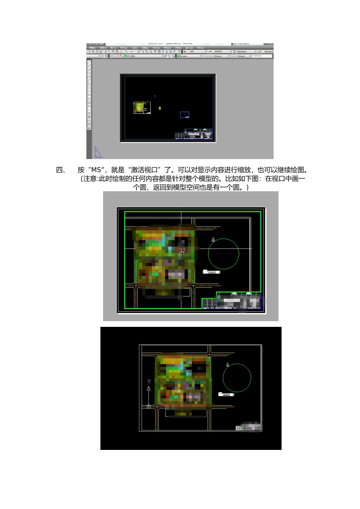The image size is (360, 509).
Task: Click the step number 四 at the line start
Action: [x=61, y=170]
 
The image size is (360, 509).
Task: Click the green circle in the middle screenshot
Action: [x=224, y=254]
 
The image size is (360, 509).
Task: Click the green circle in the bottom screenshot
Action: [x=237, y=378]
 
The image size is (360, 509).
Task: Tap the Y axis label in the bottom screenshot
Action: [x=149, y=381]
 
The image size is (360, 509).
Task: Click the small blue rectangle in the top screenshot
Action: [x=185, y=115]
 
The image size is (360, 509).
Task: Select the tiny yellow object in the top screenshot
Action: [x=160, y=108]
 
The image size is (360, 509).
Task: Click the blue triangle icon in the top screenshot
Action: [x=98, y=152]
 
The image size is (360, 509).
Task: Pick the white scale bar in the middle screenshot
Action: [x=211, y=272]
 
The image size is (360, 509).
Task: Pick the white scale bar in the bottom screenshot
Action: [x=226, y=395]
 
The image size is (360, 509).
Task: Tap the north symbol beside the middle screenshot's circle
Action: [x=213, y=240]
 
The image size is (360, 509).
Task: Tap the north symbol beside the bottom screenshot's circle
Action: [x=227, y=365]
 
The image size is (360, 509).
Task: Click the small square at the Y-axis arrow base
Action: [x=149, y=407]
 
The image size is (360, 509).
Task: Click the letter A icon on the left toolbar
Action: [x=89, y=128]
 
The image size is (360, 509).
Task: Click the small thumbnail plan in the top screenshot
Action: [x=142, y=108]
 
